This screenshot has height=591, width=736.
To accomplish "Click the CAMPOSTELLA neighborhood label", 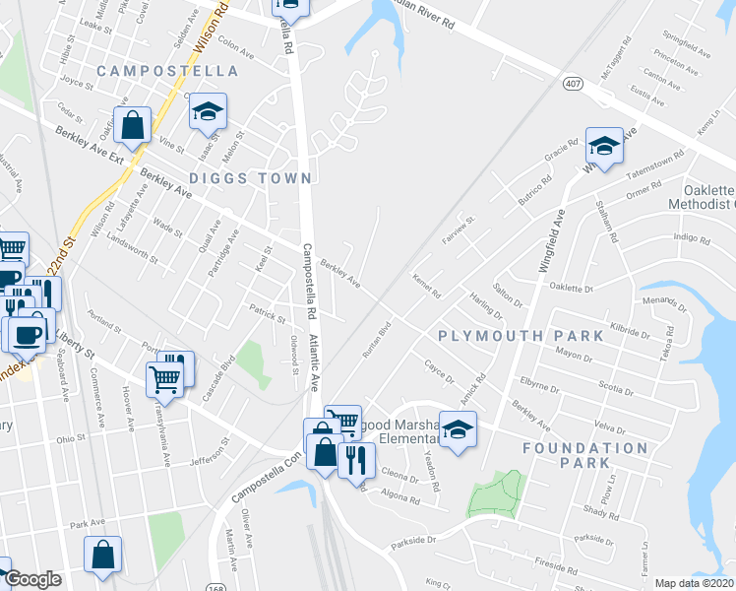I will pyautogui.click(x=167, y=71).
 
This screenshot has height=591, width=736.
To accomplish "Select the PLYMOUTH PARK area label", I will pyautogui.click(x=521, y=336).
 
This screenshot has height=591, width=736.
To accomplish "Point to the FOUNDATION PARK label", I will pyautogui.click(x=585, y=454).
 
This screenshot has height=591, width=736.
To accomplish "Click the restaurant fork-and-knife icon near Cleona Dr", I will pyautogui.click(x=356, y=458).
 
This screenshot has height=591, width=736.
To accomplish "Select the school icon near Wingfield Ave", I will pyautogui.click(x=604, y=146).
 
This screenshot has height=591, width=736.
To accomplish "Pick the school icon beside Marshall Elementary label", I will pyautogui.click(x=458, y=429).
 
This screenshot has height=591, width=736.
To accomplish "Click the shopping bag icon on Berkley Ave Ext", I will pyautogui.click(x=132, y=124).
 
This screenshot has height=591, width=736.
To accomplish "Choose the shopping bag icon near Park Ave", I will pyautogui.click(x=102, y=554).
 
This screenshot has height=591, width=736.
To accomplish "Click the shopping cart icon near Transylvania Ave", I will pyautogui.click(x=163, y=377).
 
